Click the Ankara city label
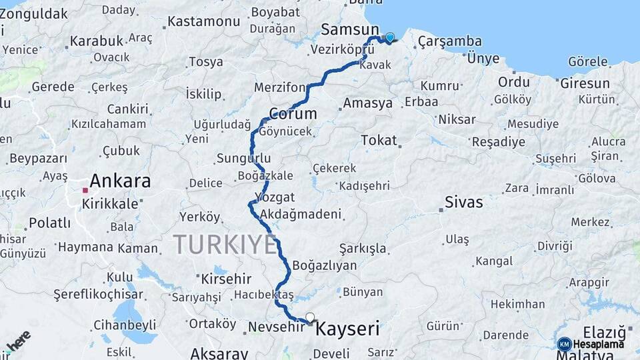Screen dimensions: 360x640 (120, 181)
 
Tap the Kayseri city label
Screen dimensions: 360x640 (347, 329)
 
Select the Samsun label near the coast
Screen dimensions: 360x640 (350, 29)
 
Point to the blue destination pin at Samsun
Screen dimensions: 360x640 (389, 38)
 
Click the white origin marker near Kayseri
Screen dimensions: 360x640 (309, 317)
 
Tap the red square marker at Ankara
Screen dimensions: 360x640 (85, 191)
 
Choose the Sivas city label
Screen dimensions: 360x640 (464, 202)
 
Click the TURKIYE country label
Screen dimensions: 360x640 (225, 245)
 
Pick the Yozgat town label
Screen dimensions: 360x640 (271, 197)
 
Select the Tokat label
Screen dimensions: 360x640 (379, 141)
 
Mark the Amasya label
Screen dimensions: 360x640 (367, 103)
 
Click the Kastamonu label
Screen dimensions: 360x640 (203, 21)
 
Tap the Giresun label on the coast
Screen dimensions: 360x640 (585, 83)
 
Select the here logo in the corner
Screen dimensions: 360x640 (18, 341)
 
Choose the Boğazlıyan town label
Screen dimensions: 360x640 (324, 265)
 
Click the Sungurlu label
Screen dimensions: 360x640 (243, 158)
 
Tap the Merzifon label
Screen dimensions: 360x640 (279, 88)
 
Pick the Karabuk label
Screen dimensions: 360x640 (97, 41)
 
